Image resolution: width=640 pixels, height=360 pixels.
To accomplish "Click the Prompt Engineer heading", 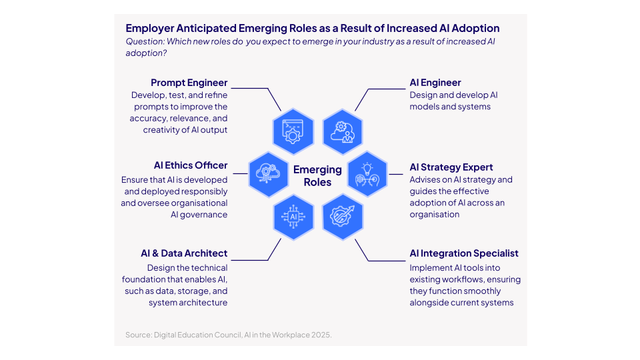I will [189, 83].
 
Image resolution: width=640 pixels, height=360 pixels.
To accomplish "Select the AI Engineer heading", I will [435, 83].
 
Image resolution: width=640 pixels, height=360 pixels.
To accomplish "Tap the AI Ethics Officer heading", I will [191, 165].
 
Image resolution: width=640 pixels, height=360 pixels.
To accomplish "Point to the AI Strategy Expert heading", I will [451, 167].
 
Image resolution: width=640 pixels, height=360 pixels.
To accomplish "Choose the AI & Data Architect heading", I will [184, 253].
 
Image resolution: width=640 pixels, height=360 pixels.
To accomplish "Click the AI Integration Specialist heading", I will [464, 253].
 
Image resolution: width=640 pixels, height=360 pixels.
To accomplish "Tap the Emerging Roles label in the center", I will [317, 176].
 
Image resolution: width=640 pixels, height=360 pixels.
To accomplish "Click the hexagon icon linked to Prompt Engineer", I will [293, 131].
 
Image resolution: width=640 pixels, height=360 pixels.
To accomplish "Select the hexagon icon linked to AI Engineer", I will [343, 131].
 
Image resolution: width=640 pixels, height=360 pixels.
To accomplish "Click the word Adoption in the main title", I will [476, 29].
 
